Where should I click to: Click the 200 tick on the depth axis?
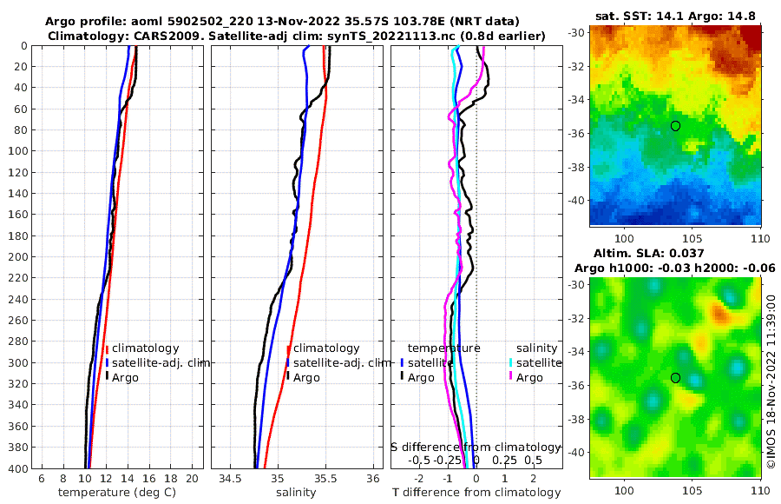point(18,257)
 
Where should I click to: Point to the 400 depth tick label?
point(18,469)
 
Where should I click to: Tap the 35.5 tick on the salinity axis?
point(325,479)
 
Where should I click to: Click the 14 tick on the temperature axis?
point(128,479)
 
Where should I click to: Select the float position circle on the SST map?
point(676,126)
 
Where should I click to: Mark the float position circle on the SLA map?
point(676,378)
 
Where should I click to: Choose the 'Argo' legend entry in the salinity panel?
point(306,378)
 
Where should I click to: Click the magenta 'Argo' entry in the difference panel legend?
point(529,378)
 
